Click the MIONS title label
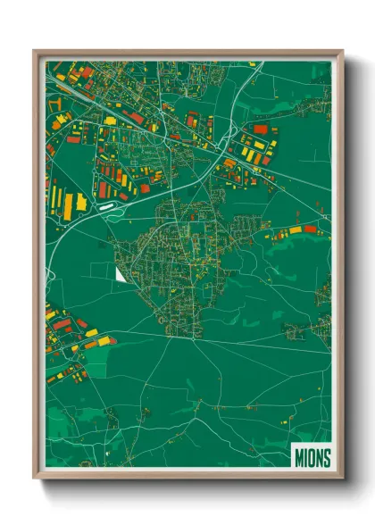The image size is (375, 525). [x=312, y=458]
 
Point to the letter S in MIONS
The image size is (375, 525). [x=326, y=458]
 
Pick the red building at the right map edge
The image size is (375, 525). [x=310, y=229]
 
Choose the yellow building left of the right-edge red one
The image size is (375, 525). [x=294, y=231]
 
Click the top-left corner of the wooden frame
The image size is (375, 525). [x=35, y=52]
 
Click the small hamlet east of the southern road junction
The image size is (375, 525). [x=294, y=331]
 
